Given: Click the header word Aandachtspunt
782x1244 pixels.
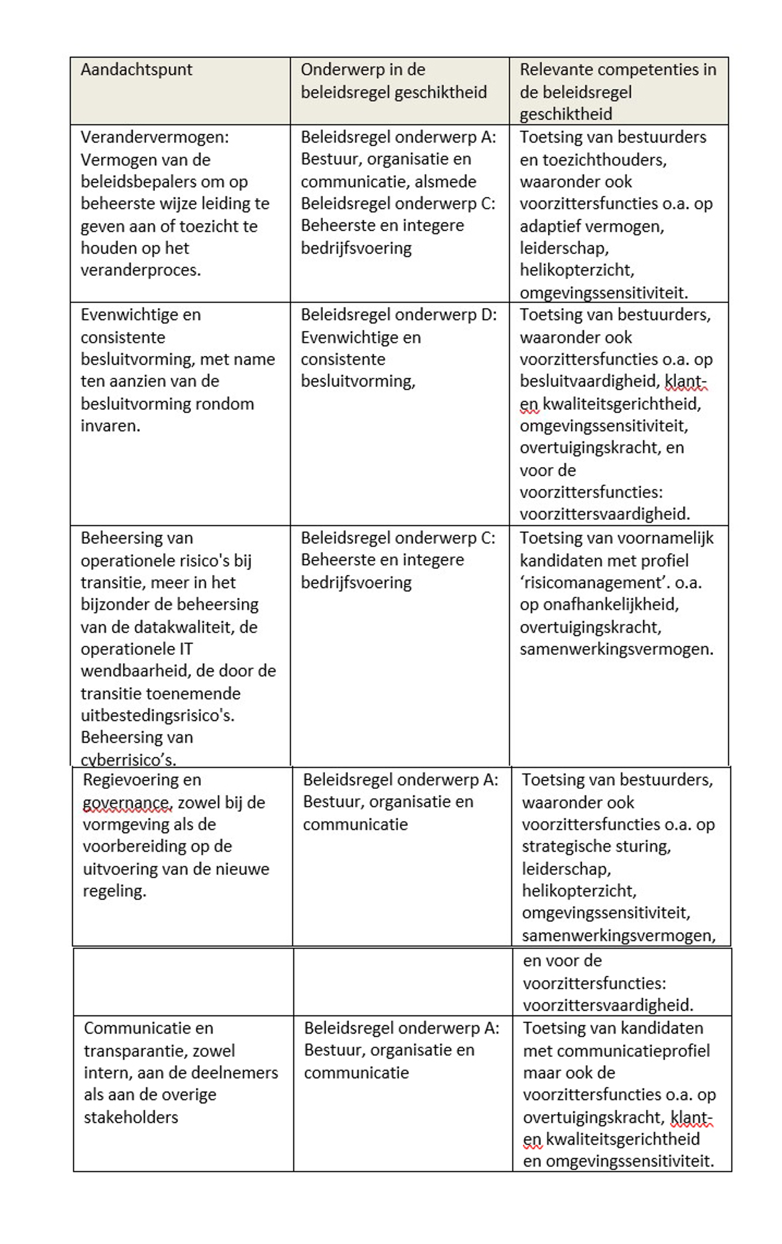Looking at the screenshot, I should click(136, 70).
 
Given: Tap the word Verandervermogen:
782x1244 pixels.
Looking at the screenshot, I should click(154, 137).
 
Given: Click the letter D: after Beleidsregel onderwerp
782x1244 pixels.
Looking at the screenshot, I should click(488, 315).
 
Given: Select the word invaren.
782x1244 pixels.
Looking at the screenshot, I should click(110, 426).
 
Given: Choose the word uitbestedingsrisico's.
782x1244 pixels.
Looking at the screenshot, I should click(157, 716).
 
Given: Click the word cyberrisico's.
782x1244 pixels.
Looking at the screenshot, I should click(128, 760).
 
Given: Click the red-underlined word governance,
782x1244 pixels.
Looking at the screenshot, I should click(127, 802).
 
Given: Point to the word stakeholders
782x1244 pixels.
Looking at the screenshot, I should click(130, 1117).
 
